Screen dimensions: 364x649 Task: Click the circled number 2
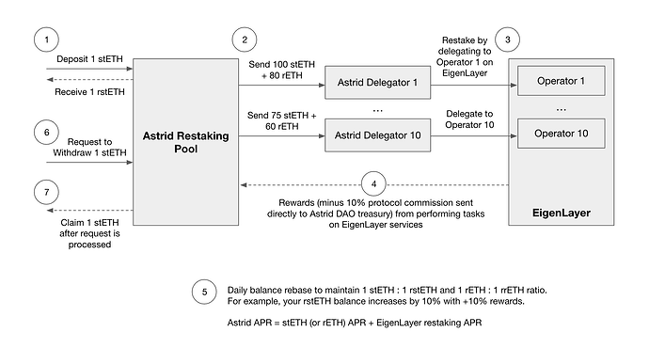(245, 40)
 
